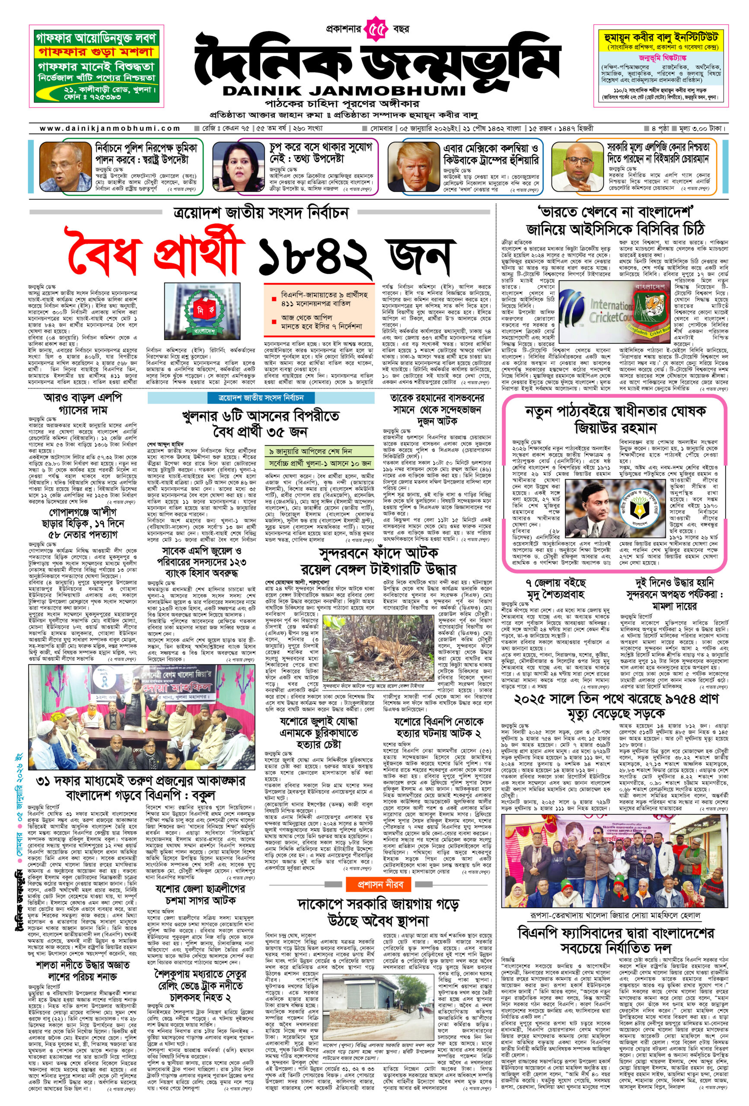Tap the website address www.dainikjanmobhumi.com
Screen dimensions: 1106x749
click(x=109, y=128)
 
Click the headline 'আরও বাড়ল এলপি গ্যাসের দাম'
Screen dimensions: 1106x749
click(x=83, y=403)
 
